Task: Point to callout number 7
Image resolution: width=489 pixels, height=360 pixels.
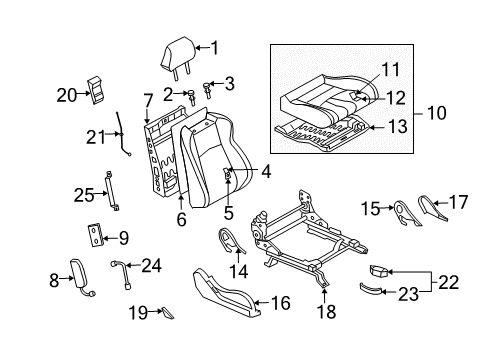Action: point(148,99)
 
